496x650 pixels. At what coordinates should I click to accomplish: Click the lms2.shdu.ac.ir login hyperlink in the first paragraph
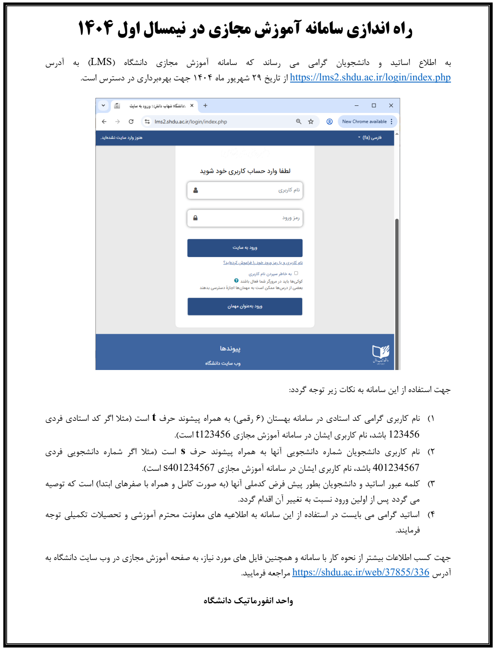370,77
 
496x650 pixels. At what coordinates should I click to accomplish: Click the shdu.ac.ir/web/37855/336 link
361,572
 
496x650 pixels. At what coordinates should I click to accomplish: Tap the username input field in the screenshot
245,190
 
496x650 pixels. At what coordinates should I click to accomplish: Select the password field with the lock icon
245,218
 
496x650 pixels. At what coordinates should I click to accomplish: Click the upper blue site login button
245,248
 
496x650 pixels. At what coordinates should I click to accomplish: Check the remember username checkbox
296,273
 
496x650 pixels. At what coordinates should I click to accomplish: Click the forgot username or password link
263,263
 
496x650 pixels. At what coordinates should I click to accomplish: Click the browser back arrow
104,122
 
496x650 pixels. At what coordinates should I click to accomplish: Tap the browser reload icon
131,122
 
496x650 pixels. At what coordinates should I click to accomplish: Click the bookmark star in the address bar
311,122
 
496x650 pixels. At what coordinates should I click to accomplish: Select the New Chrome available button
365,122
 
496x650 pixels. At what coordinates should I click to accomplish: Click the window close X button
391,105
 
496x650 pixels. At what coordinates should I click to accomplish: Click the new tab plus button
205,105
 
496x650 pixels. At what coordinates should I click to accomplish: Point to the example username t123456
213,435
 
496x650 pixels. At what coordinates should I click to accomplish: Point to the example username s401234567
189,468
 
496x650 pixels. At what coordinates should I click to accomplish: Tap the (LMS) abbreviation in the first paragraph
102,62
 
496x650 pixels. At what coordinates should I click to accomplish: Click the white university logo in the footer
381,353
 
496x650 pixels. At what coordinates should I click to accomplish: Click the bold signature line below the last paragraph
248,601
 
